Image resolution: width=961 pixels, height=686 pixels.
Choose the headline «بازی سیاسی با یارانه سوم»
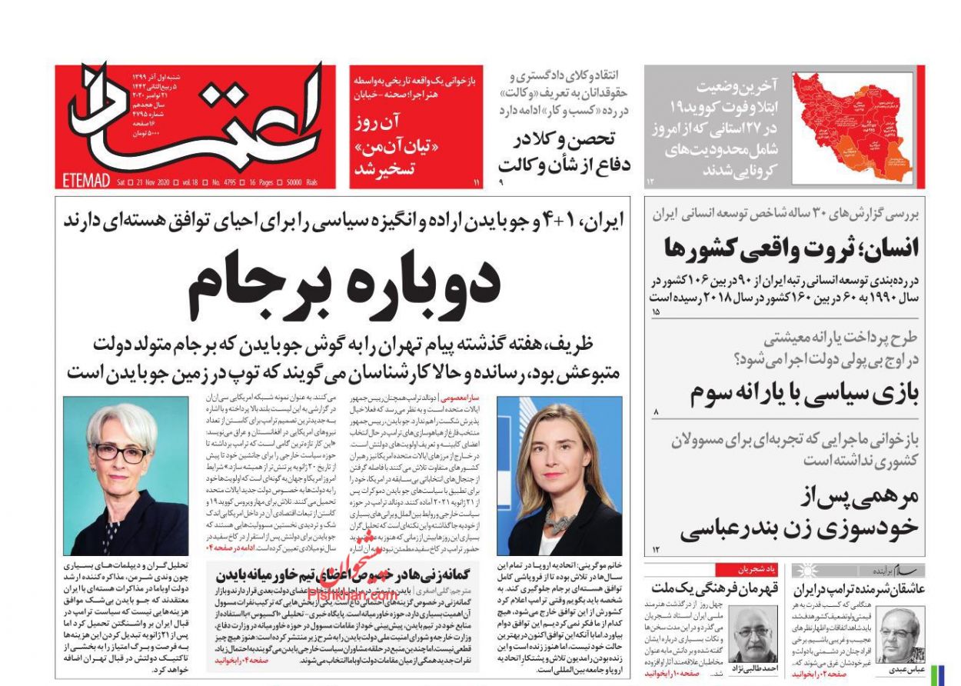pos(803,393)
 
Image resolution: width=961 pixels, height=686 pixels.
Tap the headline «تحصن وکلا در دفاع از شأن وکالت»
pos(563,152)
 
